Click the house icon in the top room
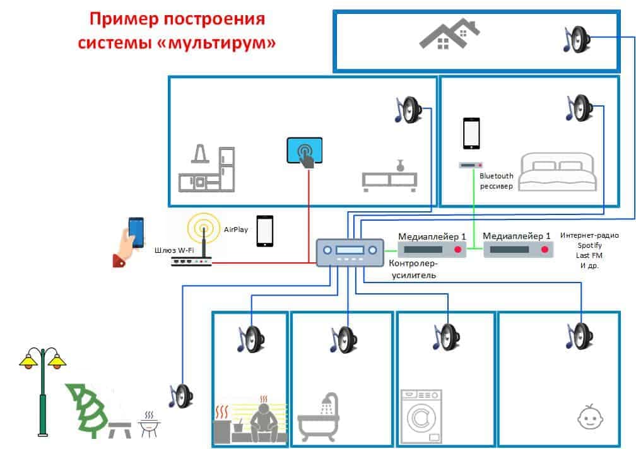click(449, 34)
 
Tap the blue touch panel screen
click(305, 150)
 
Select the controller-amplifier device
click(350, 252)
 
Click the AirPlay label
click(236, 230)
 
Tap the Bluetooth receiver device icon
click(471, 165)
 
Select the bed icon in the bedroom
click(557, 172)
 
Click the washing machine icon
click(421, 416)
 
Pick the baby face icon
click(590, 417)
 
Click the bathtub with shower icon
click(319, 417)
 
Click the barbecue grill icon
click(149, 424)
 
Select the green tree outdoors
click(87, 410)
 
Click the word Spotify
click(589, 245)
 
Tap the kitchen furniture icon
click(207, 168)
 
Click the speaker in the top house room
click(577, 39)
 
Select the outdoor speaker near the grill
click(181, 396)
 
